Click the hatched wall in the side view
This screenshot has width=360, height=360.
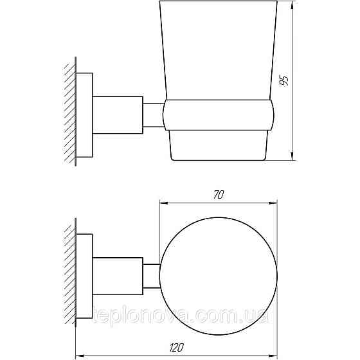[69, 113]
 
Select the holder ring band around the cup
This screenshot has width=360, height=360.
[219, 116]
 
